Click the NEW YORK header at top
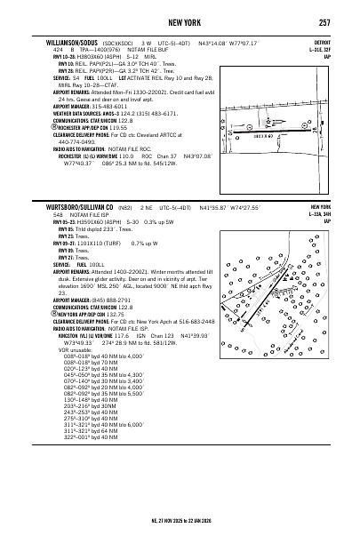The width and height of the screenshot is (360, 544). [180, 22]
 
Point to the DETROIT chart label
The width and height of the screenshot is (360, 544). [322, 42]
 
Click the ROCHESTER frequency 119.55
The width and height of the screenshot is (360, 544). [117, 127]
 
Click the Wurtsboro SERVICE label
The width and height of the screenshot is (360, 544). [61, 263]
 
